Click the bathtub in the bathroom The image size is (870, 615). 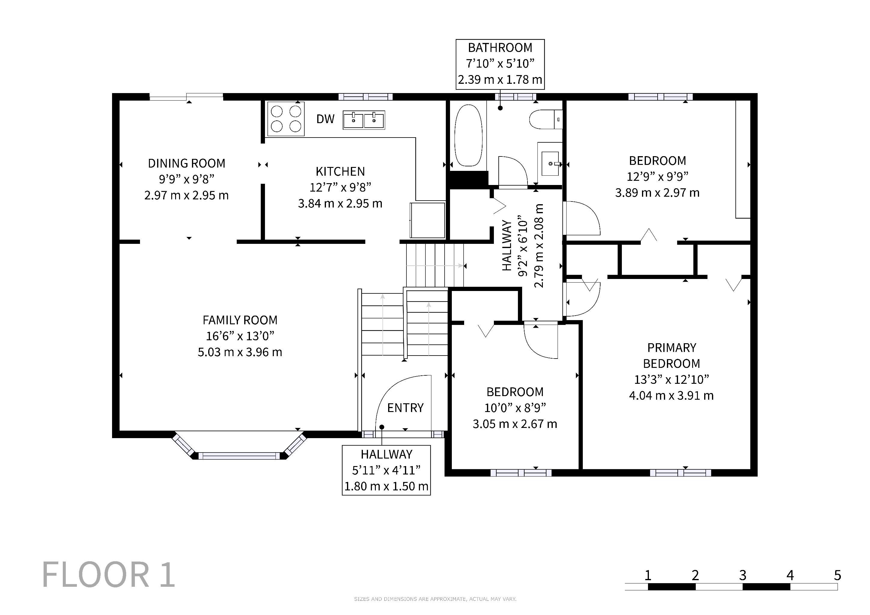click(x=468, y=135)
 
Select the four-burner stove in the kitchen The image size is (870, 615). click(x=286, y=119)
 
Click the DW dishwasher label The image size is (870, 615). click(x=325, y=119)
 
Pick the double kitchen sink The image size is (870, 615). click(x=364, y=120)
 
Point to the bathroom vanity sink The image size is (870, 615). click(x=550, y=164)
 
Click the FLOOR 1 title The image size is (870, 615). click(x=108, y=574)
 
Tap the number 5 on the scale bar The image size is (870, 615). click(x=838, y=575)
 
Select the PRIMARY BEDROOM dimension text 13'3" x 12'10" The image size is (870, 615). click(x=671, y=380)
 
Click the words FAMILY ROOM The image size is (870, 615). click(x=240, y=320)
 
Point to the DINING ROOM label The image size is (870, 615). click(x=187, y=164)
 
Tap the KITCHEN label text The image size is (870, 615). click(x=340, y=171)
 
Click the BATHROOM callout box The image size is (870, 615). click(x=500, y=64)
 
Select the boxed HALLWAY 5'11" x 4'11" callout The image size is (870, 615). click(x=386, y=470)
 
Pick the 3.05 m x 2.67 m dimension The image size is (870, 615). click(x=515, y=424)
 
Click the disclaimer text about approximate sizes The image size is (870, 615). click(x=435, y=599)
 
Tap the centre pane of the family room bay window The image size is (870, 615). click(x=239, y=456)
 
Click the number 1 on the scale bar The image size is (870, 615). click(x=648, y=575)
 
